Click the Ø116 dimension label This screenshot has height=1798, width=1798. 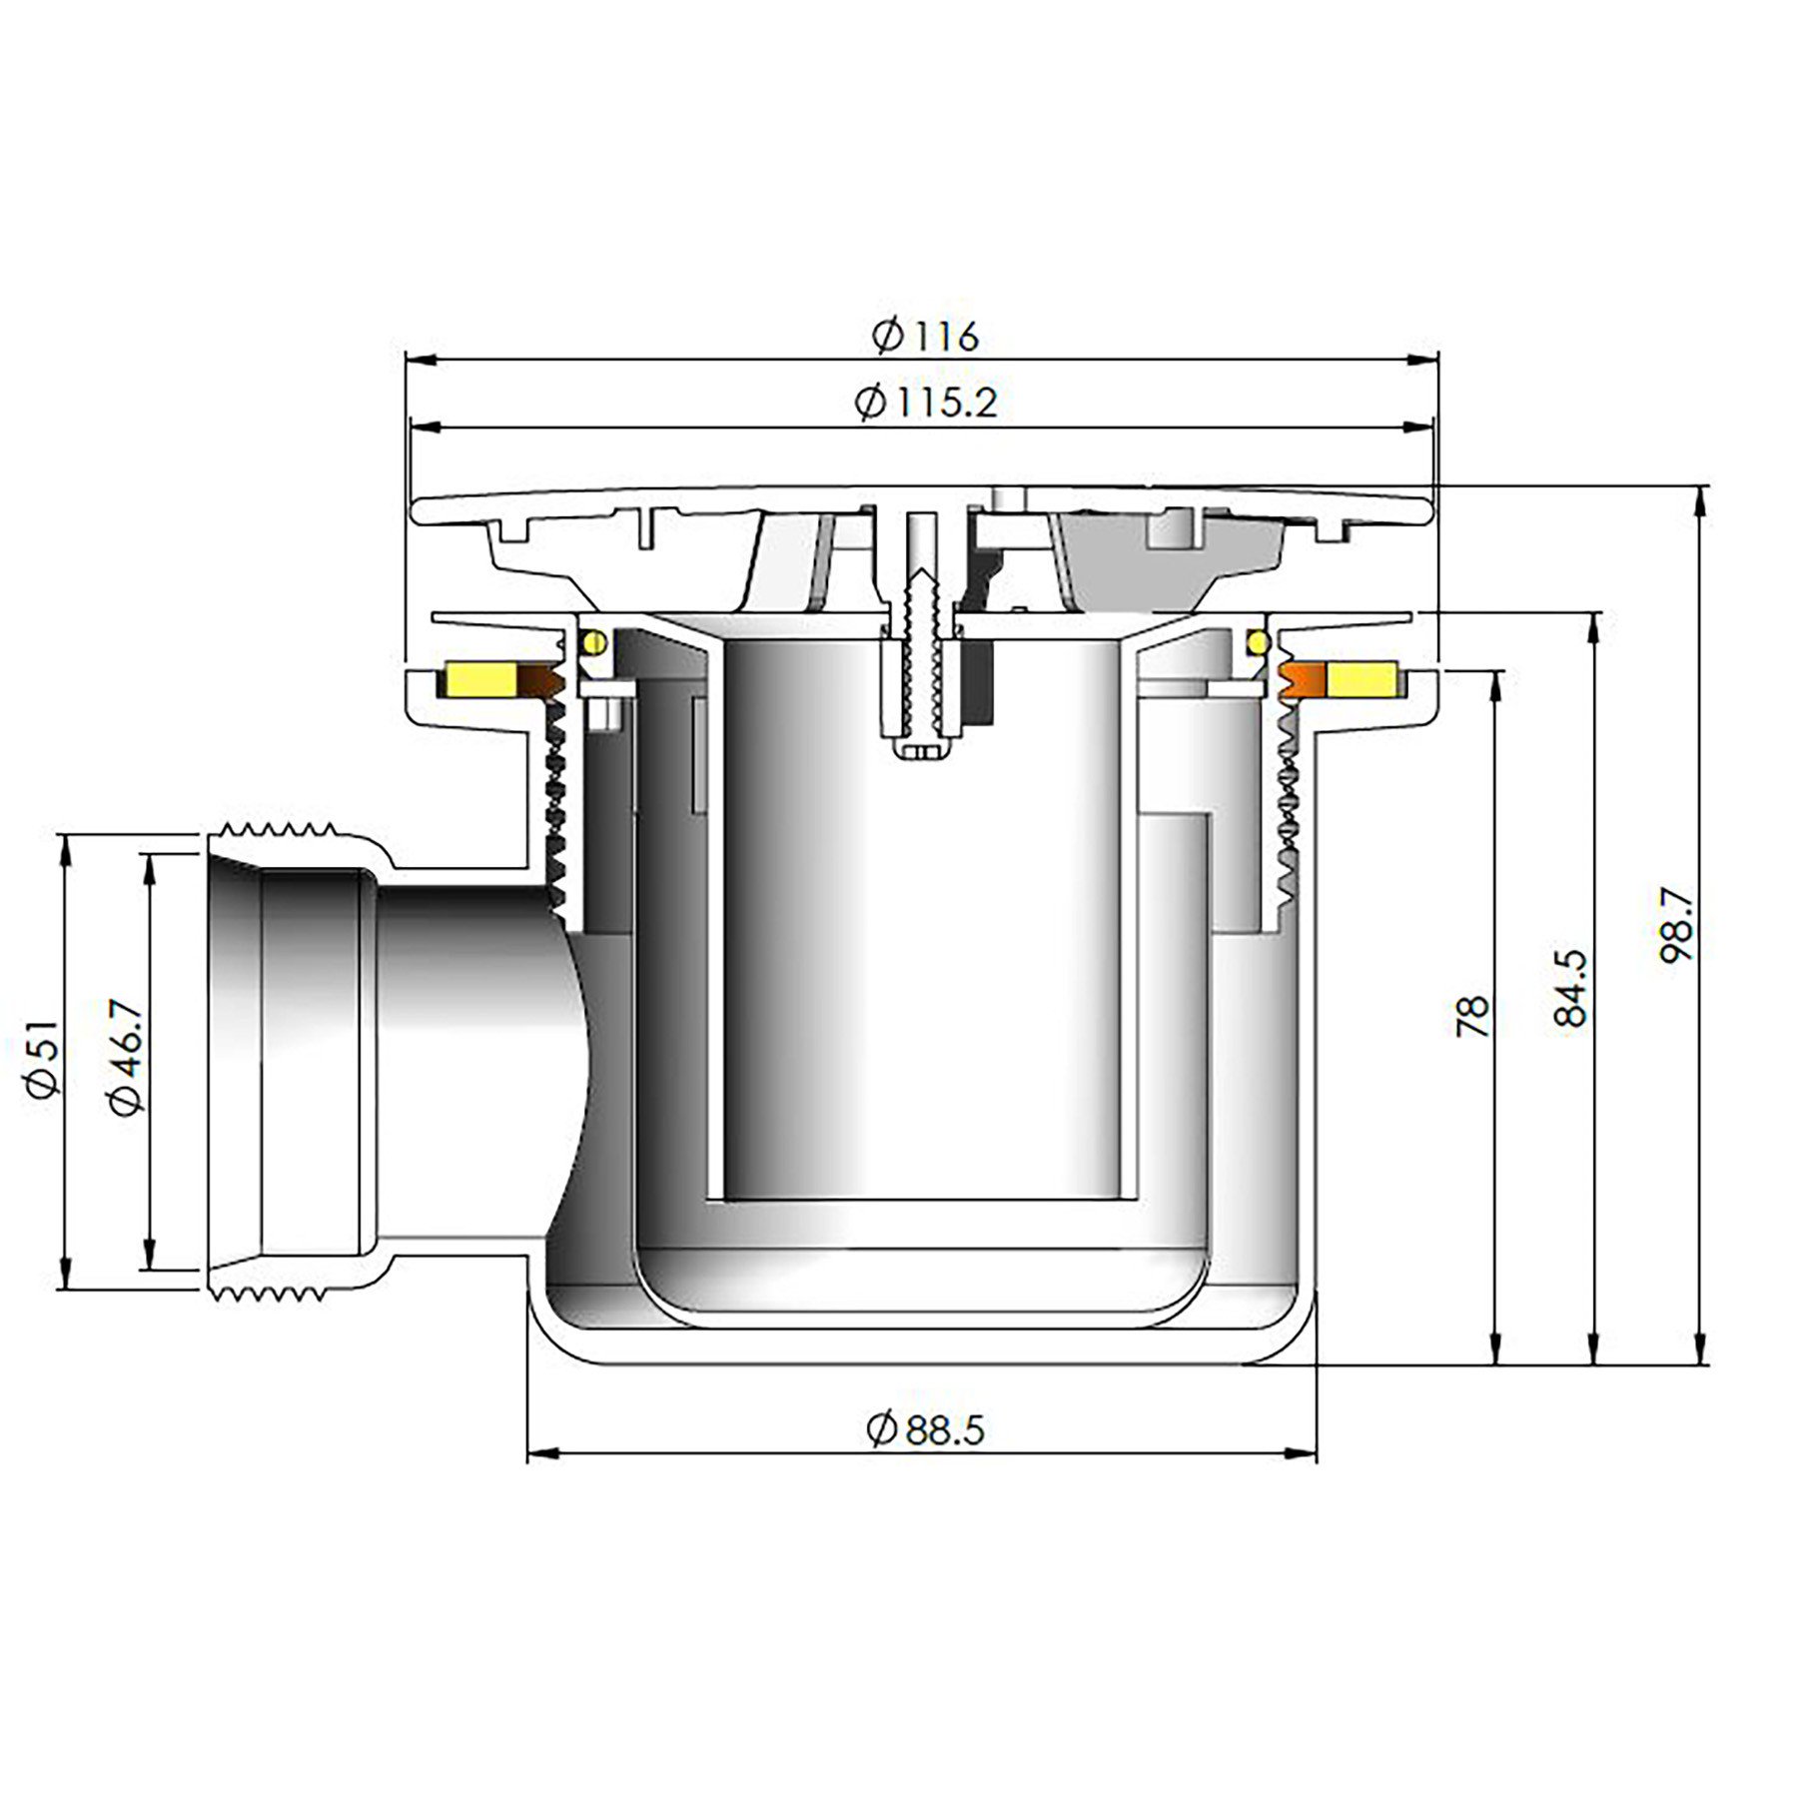tap(925, 337)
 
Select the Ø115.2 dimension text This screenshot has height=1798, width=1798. tap(925, 403)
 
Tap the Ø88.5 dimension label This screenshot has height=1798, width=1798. tap(925, 1430)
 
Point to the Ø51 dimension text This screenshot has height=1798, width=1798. tap(46, 1060)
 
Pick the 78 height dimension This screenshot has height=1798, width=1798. tap(1473, 1016)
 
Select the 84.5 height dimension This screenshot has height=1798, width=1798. tap(1569, 988)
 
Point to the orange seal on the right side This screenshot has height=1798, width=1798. tap(1303, 680)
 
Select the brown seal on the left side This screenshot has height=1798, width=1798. tap(542, 681)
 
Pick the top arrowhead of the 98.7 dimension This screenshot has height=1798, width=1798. tap(1697, 499)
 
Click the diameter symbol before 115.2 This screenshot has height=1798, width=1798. tap(870, 404)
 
